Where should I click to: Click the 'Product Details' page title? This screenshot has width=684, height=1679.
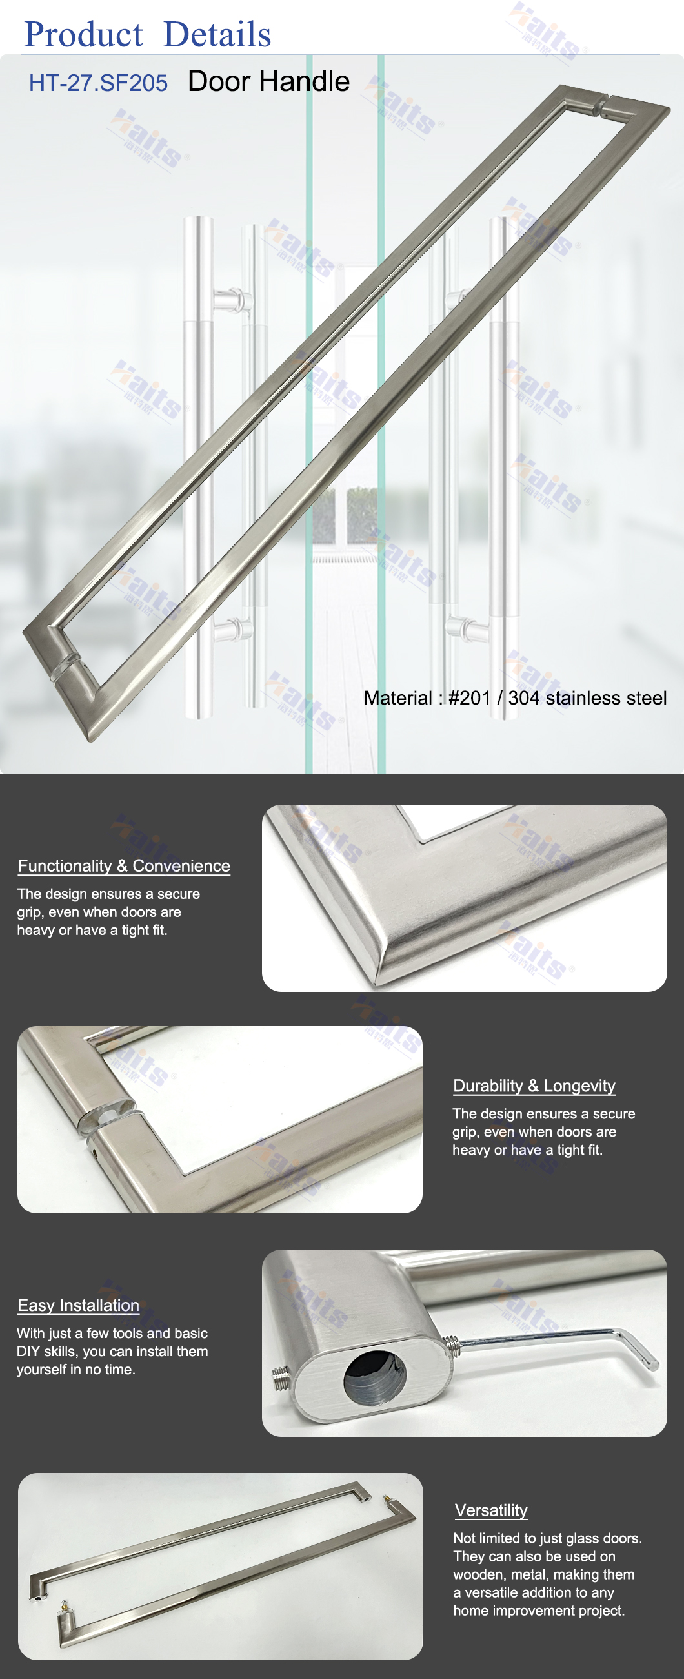click(147, 34)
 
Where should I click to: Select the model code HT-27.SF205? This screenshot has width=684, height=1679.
click(98, 83)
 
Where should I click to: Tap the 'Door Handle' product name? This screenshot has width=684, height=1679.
click(268, 81)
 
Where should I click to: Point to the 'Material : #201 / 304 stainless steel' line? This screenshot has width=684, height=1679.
click(516, 698)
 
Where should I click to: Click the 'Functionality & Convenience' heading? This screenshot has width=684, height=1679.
click(124, 865)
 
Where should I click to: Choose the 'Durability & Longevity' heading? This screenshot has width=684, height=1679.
click(534, 1086)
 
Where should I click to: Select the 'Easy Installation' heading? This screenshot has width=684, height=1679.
click(78, 1305)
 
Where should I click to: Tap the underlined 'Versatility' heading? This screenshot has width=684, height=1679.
click(491, 1510)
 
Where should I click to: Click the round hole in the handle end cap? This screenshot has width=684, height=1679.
click(374, 1377)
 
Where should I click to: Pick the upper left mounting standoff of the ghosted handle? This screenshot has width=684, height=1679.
click(231, 300)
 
